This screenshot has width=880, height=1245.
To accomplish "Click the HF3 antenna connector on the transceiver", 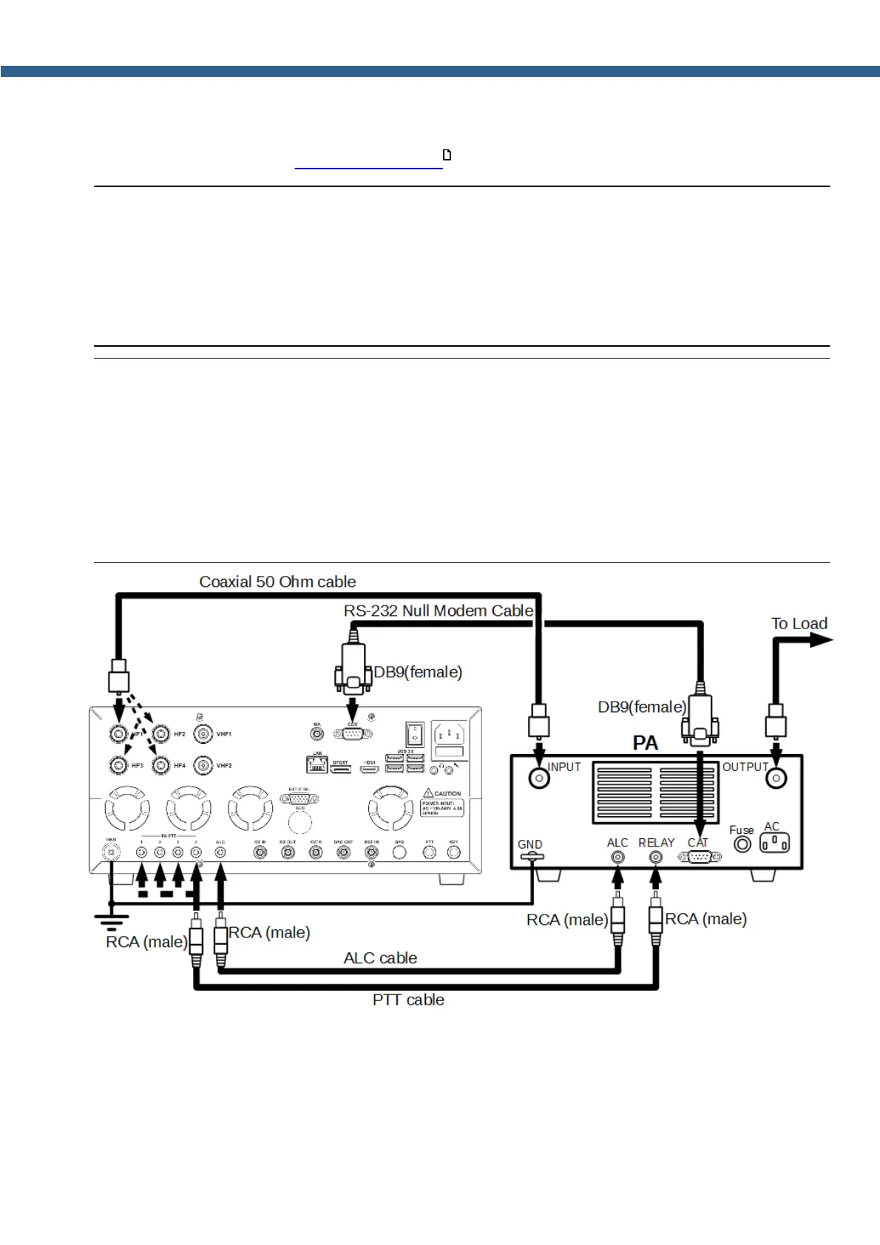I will (118, 765).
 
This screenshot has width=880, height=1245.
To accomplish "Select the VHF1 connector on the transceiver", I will (203, 734).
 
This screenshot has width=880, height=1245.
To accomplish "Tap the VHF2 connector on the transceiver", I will (203, 765).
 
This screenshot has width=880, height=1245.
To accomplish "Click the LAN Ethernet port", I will (317, 764).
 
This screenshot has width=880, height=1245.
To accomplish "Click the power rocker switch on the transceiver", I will (414, 734).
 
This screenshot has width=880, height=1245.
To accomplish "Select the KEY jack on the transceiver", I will (454, 852).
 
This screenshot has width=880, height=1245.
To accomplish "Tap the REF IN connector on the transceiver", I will (371, 852).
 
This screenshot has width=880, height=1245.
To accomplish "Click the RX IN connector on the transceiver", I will (260, 852).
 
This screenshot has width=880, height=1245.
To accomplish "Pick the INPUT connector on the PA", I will (539, 778).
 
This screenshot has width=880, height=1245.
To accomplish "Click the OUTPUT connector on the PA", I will (776, 778).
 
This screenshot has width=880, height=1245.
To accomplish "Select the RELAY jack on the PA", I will (655, 857).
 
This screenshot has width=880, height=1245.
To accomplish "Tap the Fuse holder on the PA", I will (742, 844).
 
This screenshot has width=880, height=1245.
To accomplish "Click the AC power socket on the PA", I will (774, 843).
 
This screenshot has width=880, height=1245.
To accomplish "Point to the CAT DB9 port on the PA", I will (700, 857).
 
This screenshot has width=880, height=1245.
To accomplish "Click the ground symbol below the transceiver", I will (111, 920).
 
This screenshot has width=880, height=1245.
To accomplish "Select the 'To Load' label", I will (799, 623).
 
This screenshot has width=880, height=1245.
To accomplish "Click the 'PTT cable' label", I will (408, 1000).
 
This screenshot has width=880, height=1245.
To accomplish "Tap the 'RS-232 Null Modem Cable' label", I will (438, 611).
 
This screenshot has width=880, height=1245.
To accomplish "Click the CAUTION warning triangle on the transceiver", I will (428, 793).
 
